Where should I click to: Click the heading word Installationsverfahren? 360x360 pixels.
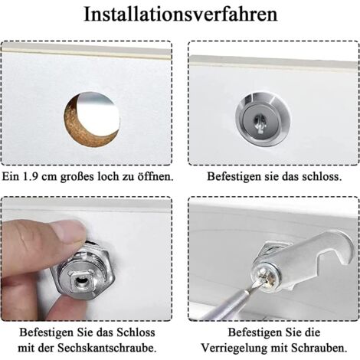181,15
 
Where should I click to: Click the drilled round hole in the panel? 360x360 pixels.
92,119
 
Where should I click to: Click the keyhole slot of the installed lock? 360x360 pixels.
260,122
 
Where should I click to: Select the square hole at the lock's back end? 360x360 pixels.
80,281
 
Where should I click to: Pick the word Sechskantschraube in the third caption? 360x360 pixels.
107,348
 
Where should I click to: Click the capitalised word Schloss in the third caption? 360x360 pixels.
136,332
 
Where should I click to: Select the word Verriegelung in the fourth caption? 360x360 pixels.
234,348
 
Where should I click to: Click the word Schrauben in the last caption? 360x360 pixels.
319,348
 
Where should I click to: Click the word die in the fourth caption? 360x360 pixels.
312,332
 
